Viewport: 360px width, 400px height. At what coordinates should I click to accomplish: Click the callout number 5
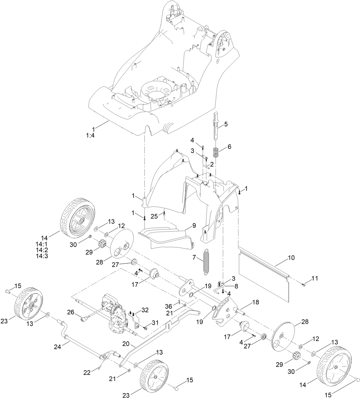(x=226, y=124)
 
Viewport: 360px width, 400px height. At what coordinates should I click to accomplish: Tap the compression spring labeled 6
(x=216, y=152)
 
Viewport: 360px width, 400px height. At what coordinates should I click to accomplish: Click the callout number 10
(x=291, y=258)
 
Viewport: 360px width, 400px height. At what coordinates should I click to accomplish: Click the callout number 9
(x=194, y=225)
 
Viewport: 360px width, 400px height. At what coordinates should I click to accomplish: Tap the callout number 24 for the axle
(x=58, y=347)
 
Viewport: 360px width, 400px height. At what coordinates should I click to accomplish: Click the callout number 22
(x=87, y=373)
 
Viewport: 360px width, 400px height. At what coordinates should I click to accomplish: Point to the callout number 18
(x=255, y=302)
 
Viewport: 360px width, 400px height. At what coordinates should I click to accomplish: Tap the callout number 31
(x=155, y=323)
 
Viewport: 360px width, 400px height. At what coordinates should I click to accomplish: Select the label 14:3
(x=42, y=256)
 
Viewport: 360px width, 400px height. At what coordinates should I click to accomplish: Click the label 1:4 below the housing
(x=90, y=135)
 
